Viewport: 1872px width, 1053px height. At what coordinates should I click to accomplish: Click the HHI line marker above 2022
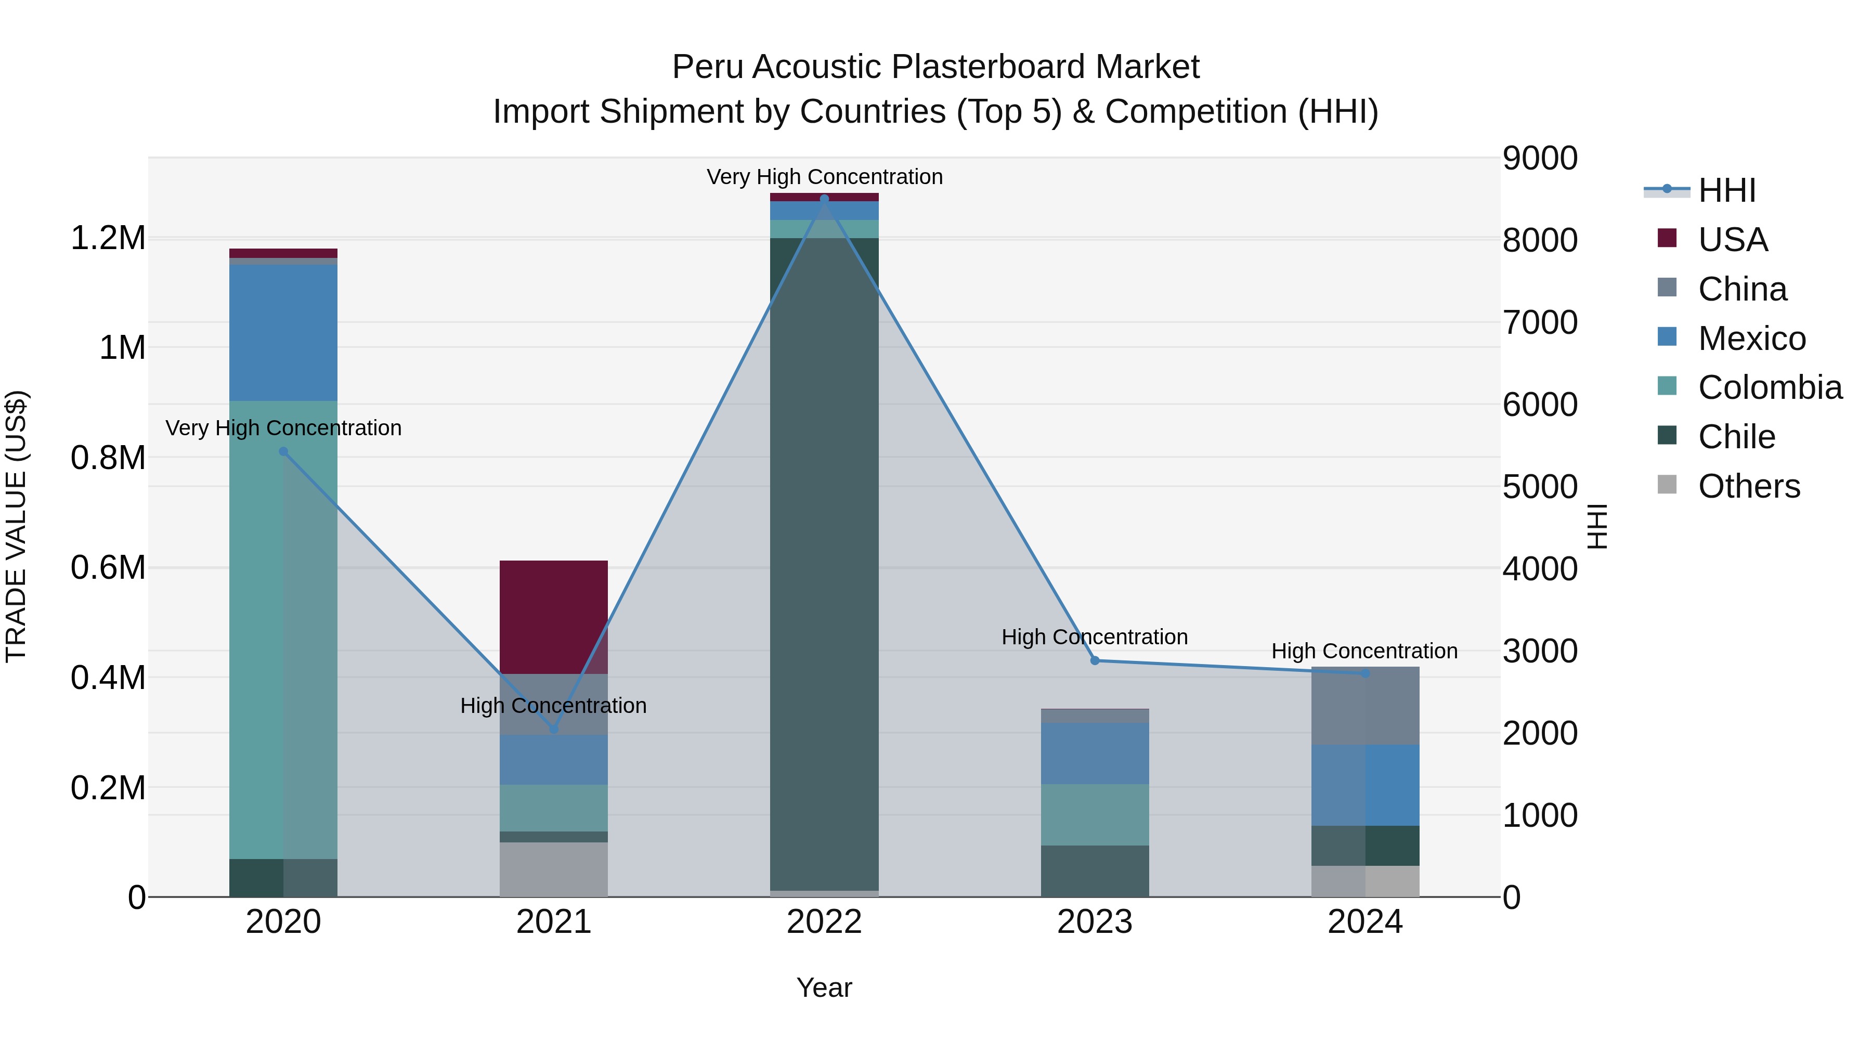tap(824, 199)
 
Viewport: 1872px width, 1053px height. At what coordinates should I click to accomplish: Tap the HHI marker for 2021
tap(554, 728)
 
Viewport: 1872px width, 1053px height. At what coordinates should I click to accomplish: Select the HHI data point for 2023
tap(1095, 660)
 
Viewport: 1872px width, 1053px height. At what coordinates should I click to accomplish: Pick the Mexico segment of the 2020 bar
tap(283, 332)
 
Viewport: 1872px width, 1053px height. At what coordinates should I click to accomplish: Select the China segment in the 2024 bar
tap(1365, 706)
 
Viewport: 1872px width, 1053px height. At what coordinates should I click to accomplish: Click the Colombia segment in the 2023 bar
tap(1095, 815)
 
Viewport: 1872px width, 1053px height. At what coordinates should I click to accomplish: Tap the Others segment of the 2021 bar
tap(554, 869)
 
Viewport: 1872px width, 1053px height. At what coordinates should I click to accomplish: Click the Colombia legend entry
tap(1769, 387)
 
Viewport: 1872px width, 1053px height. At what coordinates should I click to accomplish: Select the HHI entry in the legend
tap(1726, 190)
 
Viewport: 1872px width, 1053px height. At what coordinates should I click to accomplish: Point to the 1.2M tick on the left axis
tap(108, 238)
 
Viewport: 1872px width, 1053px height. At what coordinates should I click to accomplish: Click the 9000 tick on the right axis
tap(1539, 159)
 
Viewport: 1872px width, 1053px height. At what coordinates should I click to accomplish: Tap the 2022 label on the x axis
tap(824, 922)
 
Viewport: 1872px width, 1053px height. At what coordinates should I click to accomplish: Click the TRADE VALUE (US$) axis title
tap(16, 526)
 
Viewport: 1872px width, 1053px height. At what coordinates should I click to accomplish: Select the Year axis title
tap(824, 987)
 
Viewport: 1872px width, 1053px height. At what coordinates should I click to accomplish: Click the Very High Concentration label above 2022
tap(824, 177)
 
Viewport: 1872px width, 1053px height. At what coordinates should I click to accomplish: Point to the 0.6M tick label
tap(108, 567)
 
